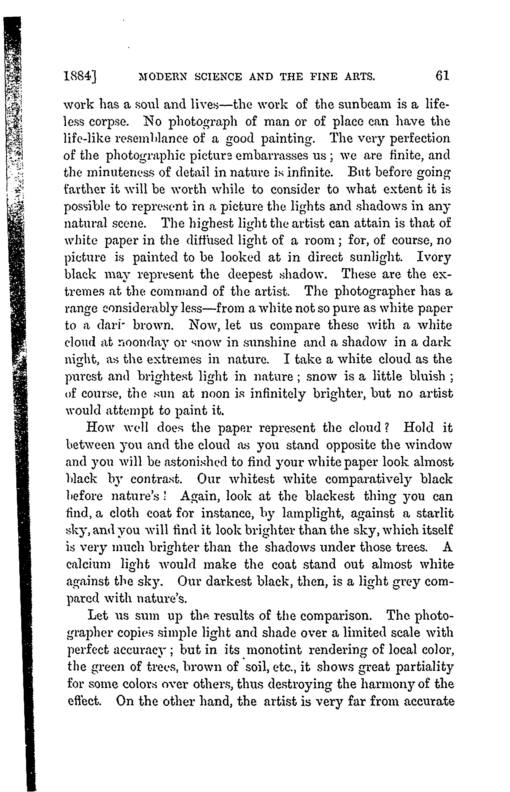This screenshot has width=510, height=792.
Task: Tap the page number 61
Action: (x=442, y=76)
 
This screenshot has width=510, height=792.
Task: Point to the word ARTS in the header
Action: (x=360, y=77)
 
